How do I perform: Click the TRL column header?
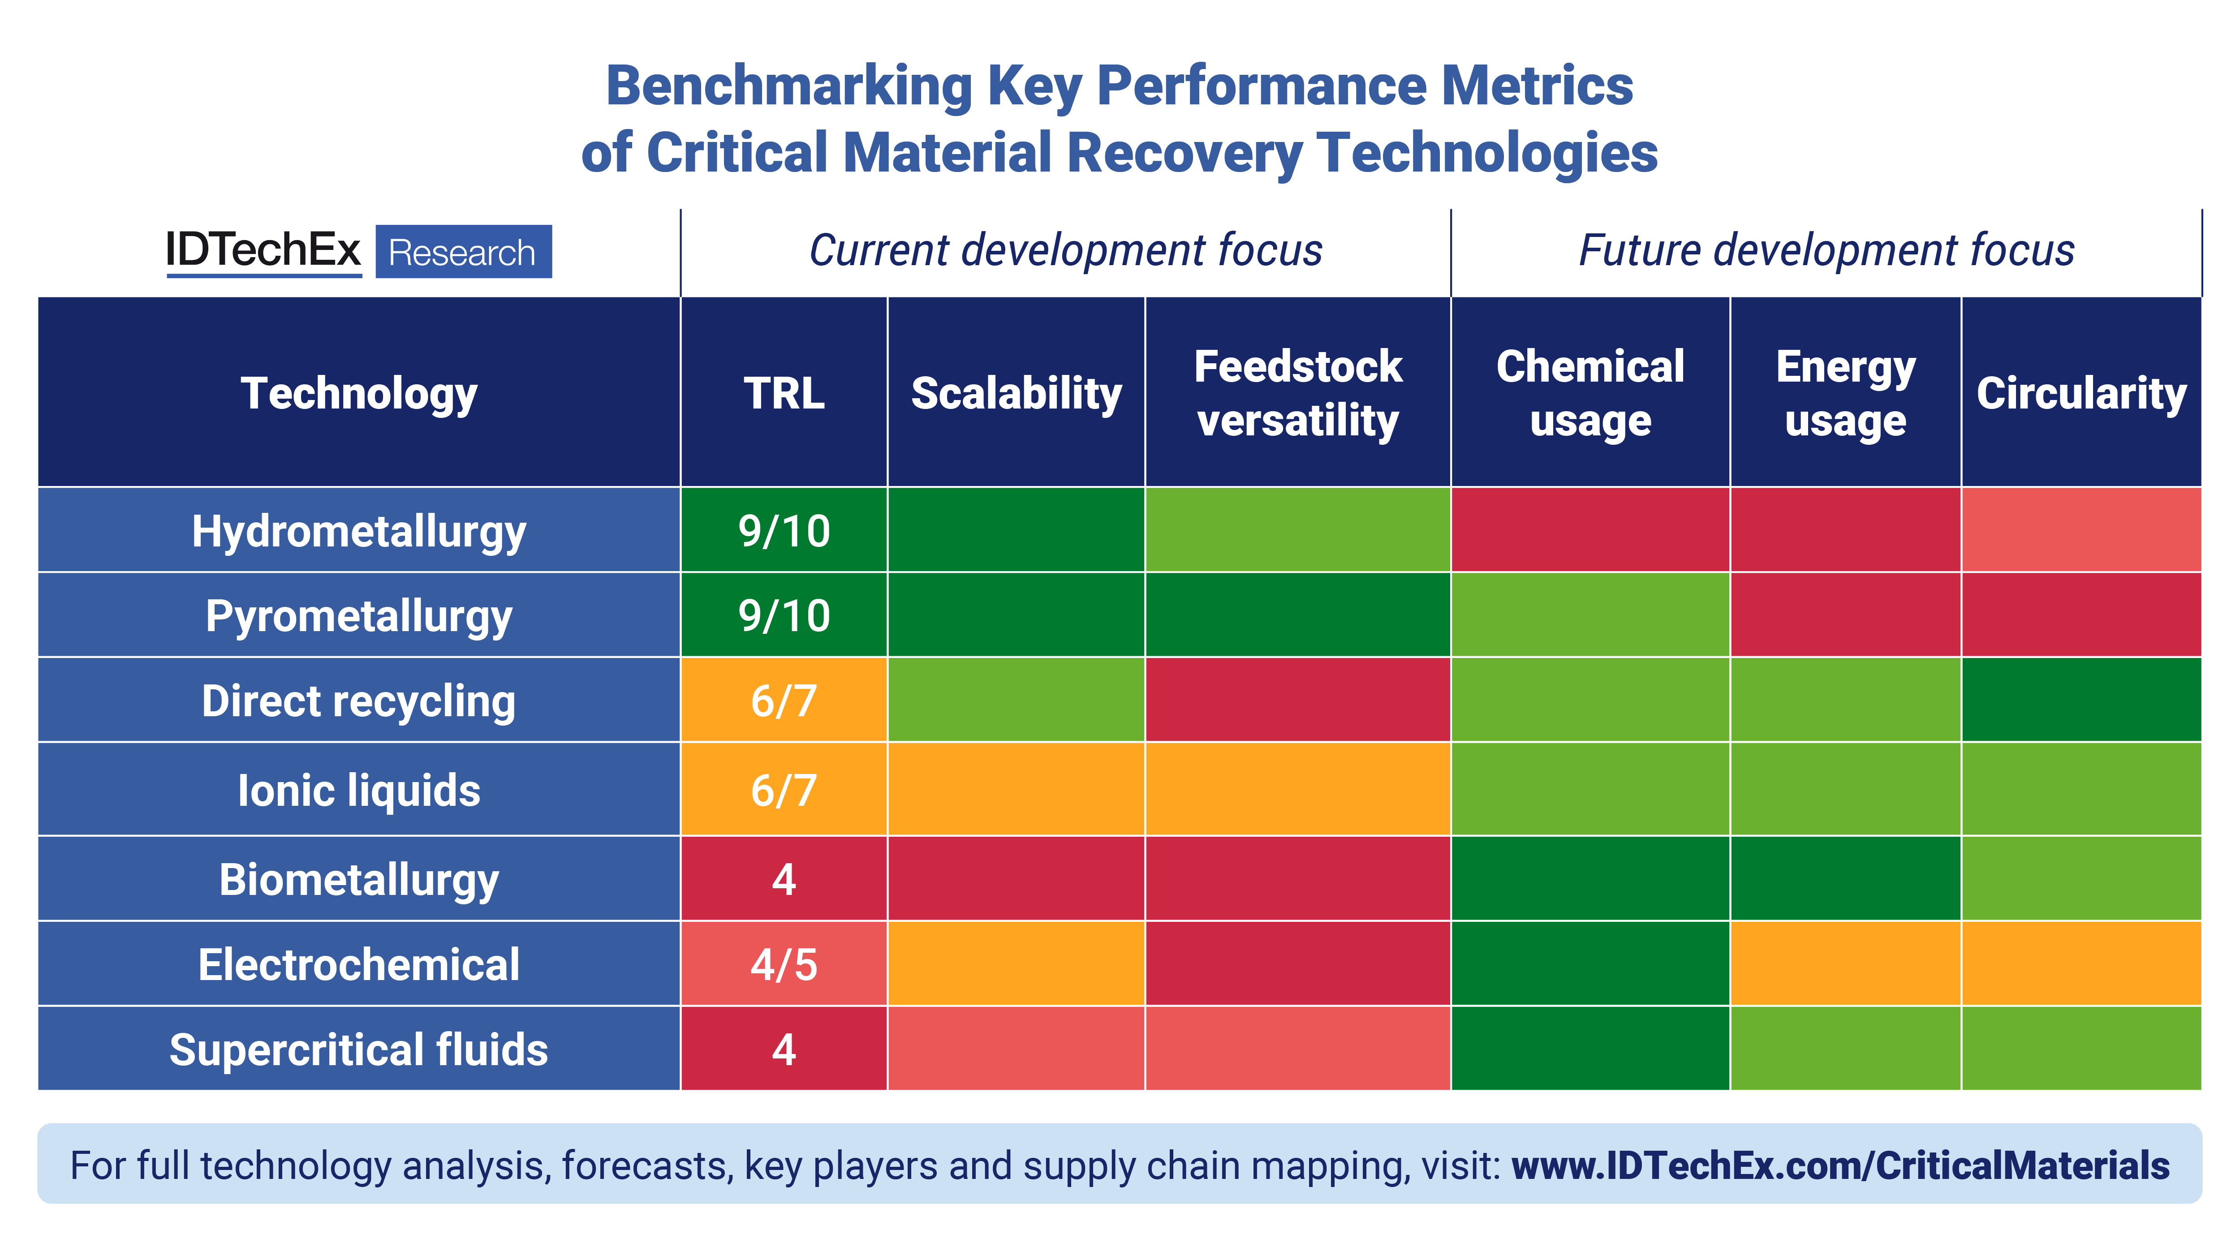click(x=784, y=393)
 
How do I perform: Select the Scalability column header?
click(x=1016, y=393)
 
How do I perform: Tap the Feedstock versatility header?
click(x=1297, y=393)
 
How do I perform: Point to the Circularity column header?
click(x=2081, y=393)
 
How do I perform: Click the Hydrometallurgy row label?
click(x=358, y=530)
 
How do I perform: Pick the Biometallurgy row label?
click(x=358, y=879)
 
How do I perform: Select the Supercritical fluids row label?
click(x=358, y=1049)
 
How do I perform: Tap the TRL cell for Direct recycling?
click(x=784, y=700)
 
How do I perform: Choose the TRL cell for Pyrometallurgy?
click(x=784, y=615)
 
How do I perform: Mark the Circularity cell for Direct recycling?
click(x=2081, y=700)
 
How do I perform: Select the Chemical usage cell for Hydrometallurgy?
click(x=1590, y=530)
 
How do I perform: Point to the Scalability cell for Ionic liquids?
click(x=1016, y=790)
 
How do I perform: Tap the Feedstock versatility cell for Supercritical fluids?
click(x=1297, y=1049)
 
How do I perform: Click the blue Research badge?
click(x=463, y=252)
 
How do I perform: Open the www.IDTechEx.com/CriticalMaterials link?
click(x=1840, y=1165)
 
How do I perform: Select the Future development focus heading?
click(x=1826, y=250)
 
